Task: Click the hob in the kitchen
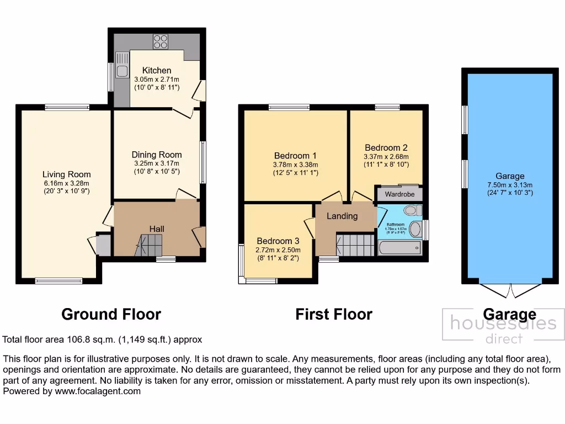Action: pyautogui.click(x=160, y=41)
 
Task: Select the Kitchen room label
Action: pyautogui.click(x=157, y=70)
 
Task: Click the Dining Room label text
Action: pyautogui.click(x=157, y=155)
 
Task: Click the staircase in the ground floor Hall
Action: pyautogui.click(x=150, y=245)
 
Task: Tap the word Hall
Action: pyautogui.click(x=157, y=229)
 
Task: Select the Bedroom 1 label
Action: pyautogui.click(x=295, y=156)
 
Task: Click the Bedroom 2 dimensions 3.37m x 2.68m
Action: pyautogui.click(x=386, y=156)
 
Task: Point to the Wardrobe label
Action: pyautogui.click(x=399, y=194)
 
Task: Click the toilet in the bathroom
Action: pyautogui.click(x=412, y=210)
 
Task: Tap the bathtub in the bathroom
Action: pyautogui.click(x=400, y=248)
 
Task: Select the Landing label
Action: pyautogui.click(x=342, y=216)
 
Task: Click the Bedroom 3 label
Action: pyautogui.click(x=278, y=241)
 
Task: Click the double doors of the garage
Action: pyautogui.click(x=510, y=290)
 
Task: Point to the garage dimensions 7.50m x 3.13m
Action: pyautogui.click(x=510, y=185)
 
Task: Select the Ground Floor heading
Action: pyautogui.click(x=111, y=314)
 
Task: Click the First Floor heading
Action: pyautogui.click(x=334, y=314)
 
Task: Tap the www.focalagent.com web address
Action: pyautogui.click(x=98, y=391)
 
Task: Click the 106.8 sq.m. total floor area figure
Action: pyautogui.click(x=79, y=340)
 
